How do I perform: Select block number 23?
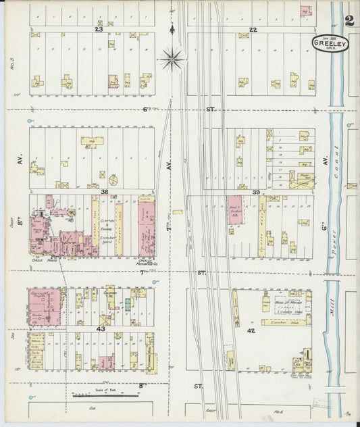99,30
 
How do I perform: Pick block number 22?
253,30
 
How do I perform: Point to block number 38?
105,192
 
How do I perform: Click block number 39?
256,193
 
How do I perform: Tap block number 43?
101,328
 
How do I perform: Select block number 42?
251,330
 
